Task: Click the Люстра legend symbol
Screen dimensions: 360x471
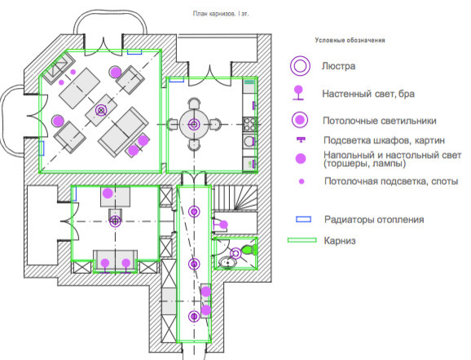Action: coord(301,66)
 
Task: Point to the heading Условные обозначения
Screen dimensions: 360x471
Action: coord(350,40)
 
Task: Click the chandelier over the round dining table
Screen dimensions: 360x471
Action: coord(194,124)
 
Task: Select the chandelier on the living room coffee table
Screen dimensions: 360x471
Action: coord(102,109)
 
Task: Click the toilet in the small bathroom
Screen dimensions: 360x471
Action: coord(249,249)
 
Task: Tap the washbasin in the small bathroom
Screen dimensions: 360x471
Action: coord(227,261)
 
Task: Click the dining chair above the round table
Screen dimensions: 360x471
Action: coord(194,103)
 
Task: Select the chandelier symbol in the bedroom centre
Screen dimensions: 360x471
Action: coord(115,220)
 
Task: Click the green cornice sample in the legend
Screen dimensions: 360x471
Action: coord(302,240)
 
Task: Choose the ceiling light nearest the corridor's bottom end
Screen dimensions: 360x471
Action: coord(194,316)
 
